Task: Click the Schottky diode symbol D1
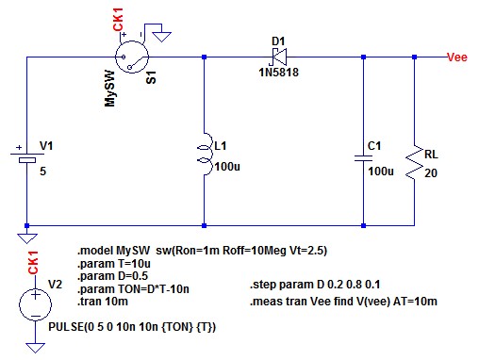[x=279, y=57]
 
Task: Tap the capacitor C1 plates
[x=363, y=158]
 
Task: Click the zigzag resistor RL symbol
[x=414, y=162]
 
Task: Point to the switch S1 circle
[x=132, y=57]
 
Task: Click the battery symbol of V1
[x=27, y=157]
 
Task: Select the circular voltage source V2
[x=35, y=304]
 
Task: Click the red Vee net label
[x=457, y=57]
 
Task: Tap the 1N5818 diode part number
[x=279, y=73]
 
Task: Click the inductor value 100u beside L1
[x=227, y=167]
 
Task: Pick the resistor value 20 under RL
[x=431, y=173]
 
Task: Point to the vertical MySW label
[x=109, y=89]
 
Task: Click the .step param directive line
[x=315, y=285]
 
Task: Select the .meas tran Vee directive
[x=343, y=302]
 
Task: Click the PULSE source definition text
[x=132, y=327]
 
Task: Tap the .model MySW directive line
[x=203, y=251]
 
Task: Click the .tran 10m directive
[x=103, y=302]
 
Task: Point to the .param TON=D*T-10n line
[x=133, y=289]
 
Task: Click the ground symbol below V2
[x=35, y=348]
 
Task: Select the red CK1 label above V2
[x=33, y=262]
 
